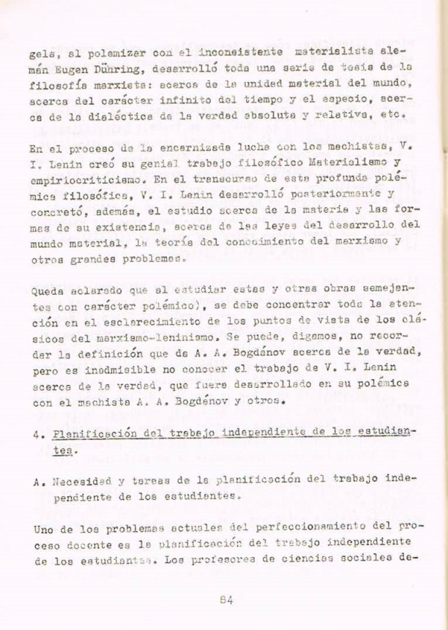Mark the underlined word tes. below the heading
(64, 451)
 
